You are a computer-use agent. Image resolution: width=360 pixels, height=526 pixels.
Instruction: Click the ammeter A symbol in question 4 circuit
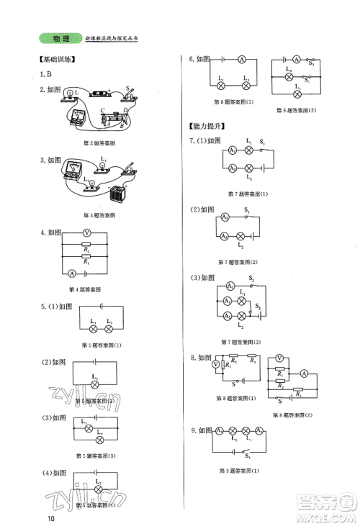tap(72, 274)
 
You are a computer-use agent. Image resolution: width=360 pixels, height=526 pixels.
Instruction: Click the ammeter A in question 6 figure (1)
tap(242, 60)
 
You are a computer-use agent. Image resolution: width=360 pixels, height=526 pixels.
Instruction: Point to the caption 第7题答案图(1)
tap(247, 194)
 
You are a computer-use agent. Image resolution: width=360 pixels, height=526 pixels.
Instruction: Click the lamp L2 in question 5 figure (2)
tap(95, 385)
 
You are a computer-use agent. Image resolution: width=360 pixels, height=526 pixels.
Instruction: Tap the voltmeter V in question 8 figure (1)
tap(215, 365)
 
